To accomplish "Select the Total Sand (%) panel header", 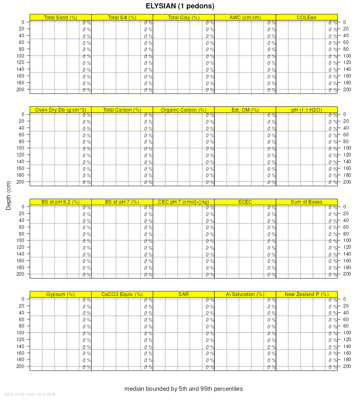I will pyautogui.click(x=60, y=17).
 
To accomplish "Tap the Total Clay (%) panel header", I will pyautogui.click(x=184, y=17).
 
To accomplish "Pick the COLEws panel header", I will pyautogui.click(x=306, y=17).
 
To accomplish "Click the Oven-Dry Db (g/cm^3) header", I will pyautogui.click(x=60, y=110).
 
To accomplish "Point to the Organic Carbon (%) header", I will pyautogui.click(x=184, y=110).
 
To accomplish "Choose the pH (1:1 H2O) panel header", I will pyautogui.click(x=306, y=110).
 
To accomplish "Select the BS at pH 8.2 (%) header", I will pyautogui.click(x=60, y=202).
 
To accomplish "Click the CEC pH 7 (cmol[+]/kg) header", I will pyautogui.click(x=184, y=202).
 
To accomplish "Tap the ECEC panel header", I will pyautogui.click(x=245, y=202).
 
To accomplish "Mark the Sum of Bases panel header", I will pyautogui.click(x=306, y=202).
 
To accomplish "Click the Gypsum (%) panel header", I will pyautogui.click(x=60, y=294).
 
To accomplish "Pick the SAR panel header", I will pyautogui.click(x=184, y=294).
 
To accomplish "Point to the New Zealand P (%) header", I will pyautogui.click(x=306, y=294).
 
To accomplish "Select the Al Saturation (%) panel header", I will pyautogui.click(x=245, y=294).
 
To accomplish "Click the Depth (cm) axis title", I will pyautogui.click(x=9, y=195).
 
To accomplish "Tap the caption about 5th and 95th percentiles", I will pyautogui.click(x=184, y=389).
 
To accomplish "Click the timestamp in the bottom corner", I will pyautogui.click(x=29, y=394).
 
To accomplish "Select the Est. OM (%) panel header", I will pyautogui.click(x=245, y=110).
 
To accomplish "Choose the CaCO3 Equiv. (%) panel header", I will pyautogui.click(x=122, y=294).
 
